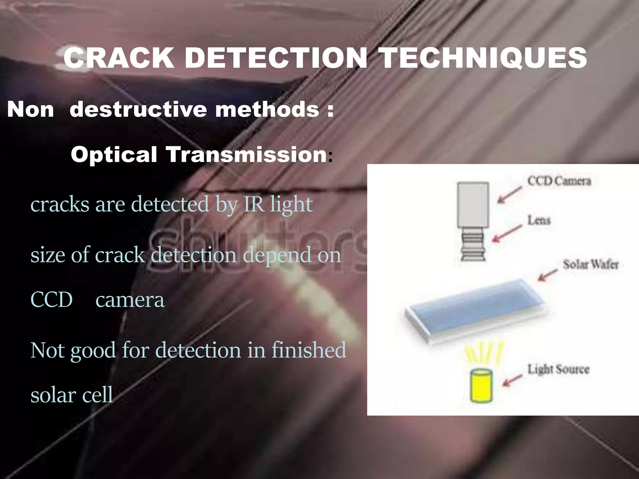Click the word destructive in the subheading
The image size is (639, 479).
click(x=138, y=110)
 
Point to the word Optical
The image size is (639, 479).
click(x=114, y=155)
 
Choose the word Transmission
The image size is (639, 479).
click(x=246, y=155)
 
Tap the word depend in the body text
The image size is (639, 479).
click(x=277, y=255)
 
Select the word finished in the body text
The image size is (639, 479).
click(x=309, y=350)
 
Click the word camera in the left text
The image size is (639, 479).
click(x=130, y=300)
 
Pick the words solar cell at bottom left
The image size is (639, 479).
click(x=72, y=395)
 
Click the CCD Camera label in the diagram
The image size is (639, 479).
click(x=559, y=181)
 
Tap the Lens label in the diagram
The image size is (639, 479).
click(x=539, y=220)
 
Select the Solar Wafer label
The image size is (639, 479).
click(x=591, y=264)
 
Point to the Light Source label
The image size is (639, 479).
click(x=559, y=369)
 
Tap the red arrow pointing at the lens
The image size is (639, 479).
click(x=507, y=234)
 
